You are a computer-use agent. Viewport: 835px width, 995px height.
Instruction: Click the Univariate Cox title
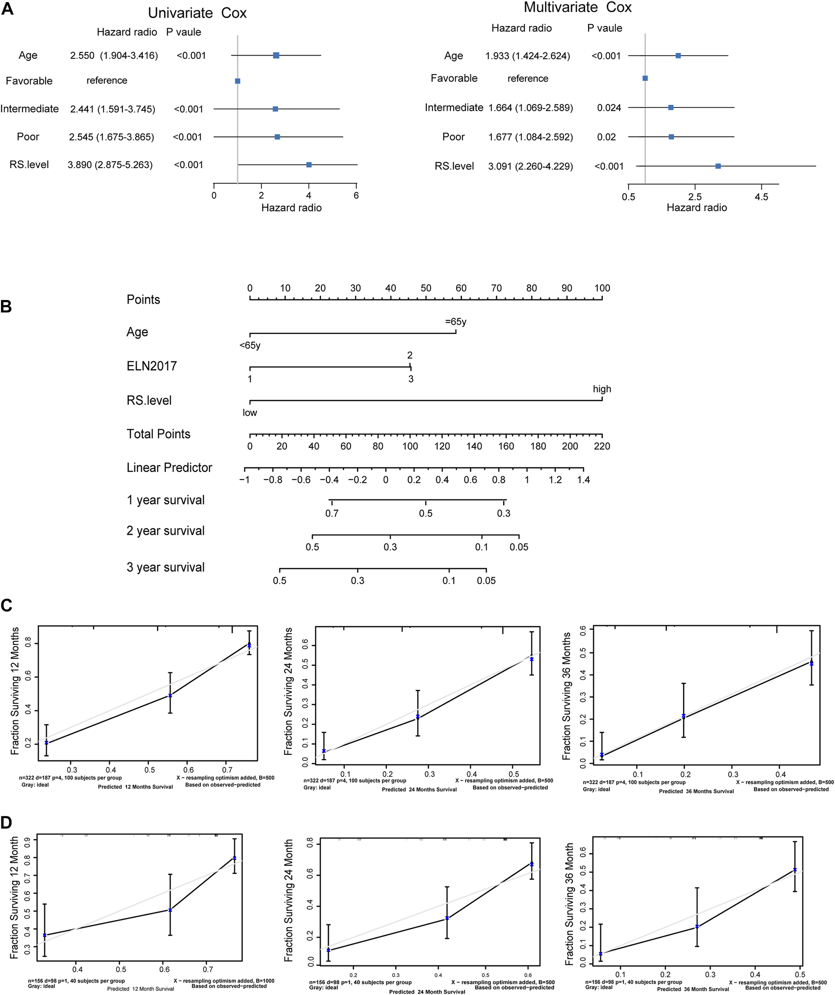point(197,13)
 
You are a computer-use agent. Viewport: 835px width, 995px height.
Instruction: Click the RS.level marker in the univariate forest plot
point(309,165)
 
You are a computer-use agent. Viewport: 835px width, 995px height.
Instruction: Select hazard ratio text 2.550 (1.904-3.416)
point(114,56)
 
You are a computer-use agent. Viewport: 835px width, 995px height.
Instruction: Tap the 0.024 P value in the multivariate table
point(609,108)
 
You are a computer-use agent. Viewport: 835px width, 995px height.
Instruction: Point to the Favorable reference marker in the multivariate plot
point(645,78)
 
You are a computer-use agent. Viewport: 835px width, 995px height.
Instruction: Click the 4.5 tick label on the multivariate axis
point(761,197)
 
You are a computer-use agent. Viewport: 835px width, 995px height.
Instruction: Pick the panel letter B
point(6,307)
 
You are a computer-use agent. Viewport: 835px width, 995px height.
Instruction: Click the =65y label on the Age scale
point(455,322)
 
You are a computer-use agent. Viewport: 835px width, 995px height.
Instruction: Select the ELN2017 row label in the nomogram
point(152,366)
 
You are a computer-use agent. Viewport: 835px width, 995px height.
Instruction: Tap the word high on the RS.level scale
point(602,389)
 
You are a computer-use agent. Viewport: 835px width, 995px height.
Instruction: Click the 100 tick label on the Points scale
point(602,288)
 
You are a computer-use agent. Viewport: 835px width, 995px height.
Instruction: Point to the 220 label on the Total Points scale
point(602,446)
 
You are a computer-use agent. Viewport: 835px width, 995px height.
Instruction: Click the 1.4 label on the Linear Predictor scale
point(583,480)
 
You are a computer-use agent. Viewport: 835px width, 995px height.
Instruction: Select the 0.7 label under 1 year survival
point(332,514)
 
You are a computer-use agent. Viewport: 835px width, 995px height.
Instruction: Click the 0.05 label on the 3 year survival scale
point(486,581)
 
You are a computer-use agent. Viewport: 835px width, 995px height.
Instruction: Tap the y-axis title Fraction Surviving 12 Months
point(15,691)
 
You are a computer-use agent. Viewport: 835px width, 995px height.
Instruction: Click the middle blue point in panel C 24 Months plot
point(417,717)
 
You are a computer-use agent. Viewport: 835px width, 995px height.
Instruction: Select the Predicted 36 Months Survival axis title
point(696,791)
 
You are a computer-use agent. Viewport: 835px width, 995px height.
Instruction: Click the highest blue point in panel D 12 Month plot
point(235,858)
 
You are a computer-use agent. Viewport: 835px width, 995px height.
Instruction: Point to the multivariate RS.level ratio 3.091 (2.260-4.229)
point(530,166)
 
